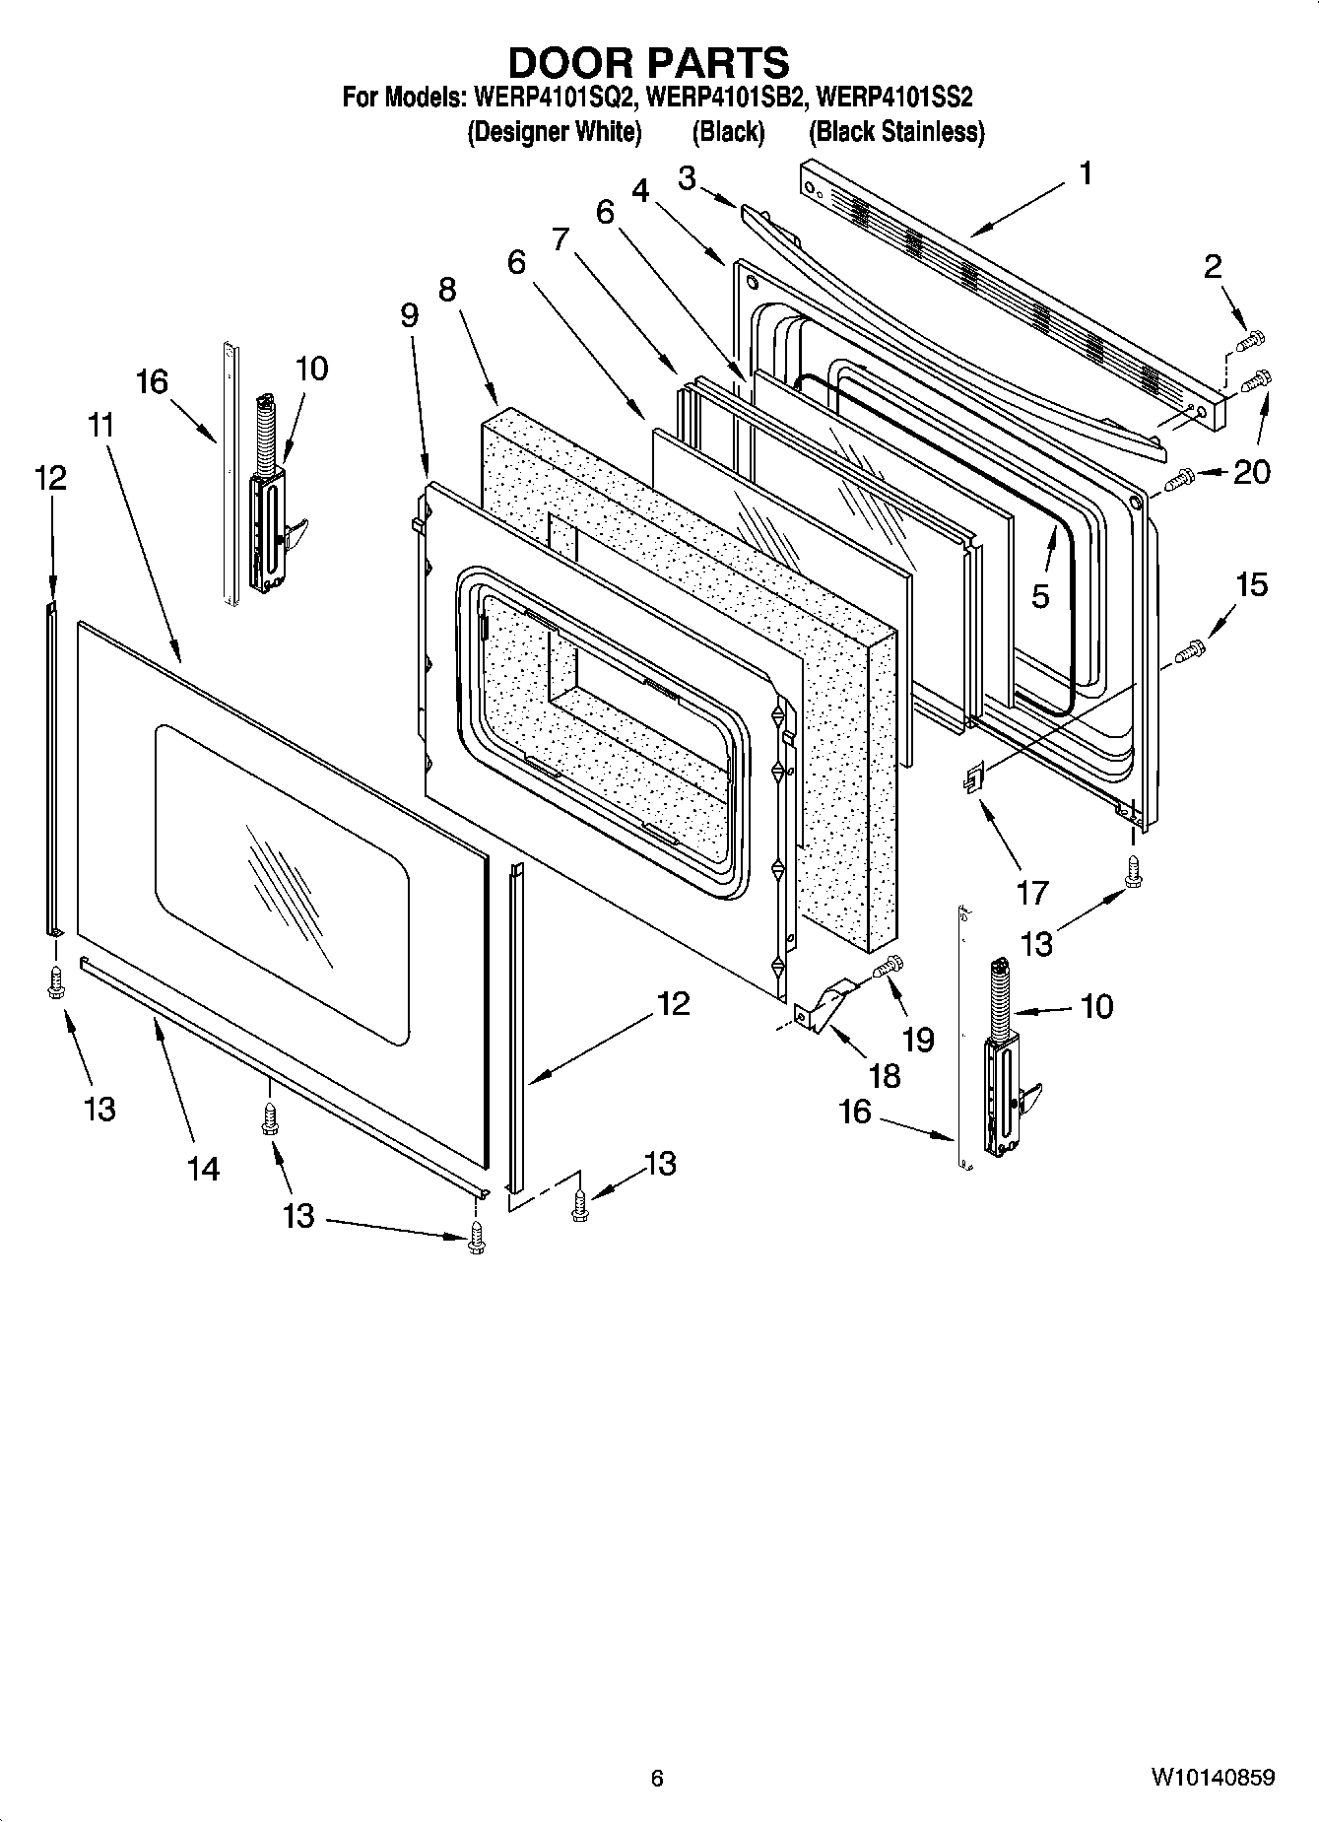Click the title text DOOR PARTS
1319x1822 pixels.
coord(647,62)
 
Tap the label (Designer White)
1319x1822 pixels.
coord(554,132)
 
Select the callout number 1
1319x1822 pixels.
coord(1085,174)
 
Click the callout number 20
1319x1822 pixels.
coord(1251,473)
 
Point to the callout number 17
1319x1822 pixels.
coord(1031,893)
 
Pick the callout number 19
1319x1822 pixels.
coord(918,1040)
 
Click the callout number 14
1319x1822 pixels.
coord(203,1169)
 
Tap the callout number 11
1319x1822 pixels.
coord(100,426)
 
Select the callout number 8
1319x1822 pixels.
coord(448,290)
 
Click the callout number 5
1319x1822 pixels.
coord(1041,595)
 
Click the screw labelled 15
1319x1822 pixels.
coord(1189,650)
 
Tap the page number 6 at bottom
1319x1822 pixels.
coord(657,1778)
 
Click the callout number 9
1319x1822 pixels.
coord(410,315)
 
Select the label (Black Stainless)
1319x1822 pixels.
coord(895,132)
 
